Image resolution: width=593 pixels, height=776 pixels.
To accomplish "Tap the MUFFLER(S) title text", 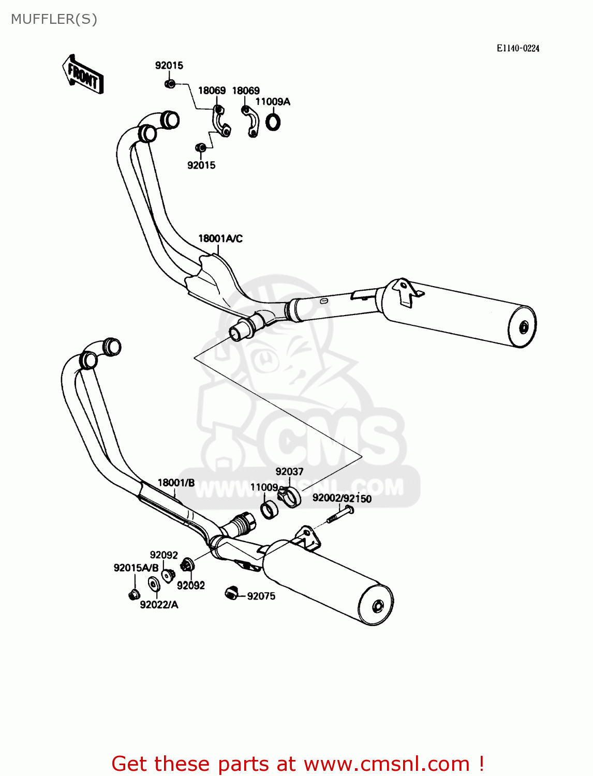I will tap(54, 19).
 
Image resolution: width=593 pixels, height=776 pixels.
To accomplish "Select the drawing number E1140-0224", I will tap(518, 48).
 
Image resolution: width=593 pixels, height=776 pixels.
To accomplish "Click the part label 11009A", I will tap(273, 102).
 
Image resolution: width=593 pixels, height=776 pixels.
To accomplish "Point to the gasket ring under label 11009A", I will tap(273, 122).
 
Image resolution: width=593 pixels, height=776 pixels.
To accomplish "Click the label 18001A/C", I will tap(220, 238).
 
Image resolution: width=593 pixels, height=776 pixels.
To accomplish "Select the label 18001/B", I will tap(176, 483).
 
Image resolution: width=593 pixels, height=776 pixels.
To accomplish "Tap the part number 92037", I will tap(289, 471).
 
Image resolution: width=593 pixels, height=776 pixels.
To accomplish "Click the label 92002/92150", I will tap(342, 498).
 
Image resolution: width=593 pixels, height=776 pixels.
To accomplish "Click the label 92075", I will tap(261, 596).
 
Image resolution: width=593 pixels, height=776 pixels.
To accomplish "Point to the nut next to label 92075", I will tap(231, 593).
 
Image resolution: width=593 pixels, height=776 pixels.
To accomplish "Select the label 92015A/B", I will tap(136, 568).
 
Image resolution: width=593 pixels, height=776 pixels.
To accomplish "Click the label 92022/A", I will tap(159, 605).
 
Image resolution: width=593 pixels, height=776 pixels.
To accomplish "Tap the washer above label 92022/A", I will tap(154, 584).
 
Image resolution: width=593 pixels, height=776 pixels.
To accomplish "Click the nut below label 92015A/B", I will tap(134, 594).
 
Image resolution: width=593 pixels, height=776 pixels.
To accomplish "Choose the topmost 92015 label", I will tap(169, 65).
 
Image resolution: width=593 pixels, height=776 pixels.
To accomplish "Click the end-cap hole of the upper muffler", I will tap(524, 327).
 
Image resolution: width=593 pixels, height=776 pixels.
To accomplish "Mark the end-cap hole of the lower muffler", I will tap(378, 605).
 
